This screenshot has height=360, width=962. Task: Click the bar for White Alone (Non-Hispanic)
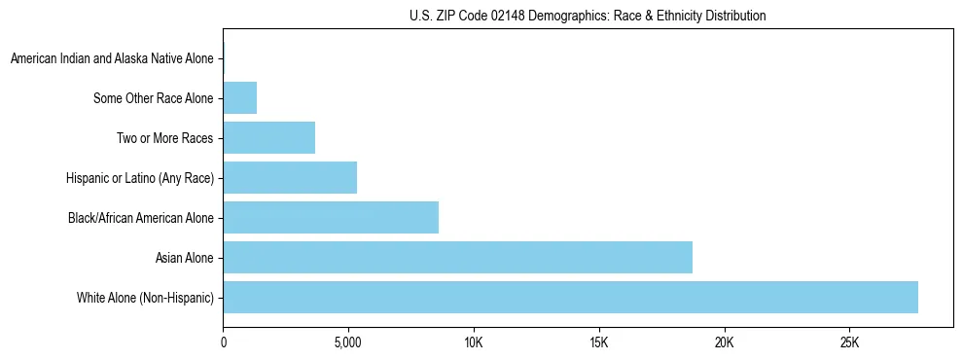570,297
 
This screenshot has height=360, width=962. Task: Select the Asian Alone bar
457,257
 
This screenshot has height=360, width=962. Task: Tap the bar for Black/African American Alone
331,217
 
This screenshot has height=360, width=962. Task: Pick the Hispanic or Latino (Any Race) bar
290,177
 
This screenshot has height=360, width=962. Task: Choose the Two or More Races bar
268,138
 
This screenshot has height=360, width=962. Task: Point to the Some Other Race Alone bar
239,98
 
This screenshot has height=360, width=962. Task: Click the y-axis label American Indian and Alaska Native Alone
112,59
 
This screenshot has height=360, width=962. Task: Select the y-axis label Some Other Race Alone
153,98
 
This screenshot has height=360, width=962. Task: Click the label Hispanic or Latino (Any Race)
139,178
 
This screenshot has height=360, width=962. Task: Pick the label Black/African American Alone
140,218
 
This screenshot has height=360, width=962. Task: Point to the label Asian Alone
184,258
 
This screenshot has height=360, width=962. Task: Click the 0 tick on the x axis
224,343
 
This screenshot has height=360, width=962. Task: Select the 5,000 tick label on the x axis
348,343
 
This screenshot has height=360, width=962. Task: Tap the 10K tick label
474,343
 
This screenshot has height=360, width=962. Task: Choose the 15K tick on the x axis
599,343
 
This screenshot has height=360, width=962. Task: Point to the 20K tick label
724,343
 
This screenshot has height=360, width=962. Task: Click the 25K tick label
849,343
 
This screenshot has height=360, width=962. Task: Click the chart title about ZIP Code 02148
588,16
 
